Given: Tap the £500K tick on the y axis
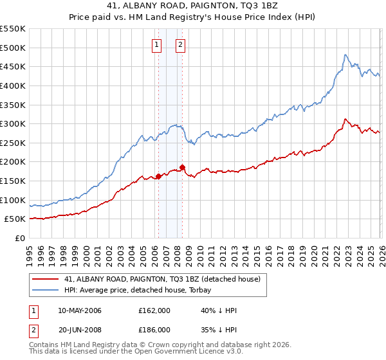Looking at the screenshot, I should [13, 48].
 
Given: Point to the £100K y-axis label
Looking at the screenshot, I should [13, 200].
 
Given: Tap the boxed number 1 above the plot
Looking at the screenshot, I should [157, 45].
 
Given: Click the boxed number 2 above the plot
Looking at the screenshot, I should [180, 45].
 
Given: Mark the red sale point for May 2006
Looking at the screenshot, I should [158, 176].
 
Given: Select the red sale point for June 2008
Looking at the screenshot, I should [183, 167].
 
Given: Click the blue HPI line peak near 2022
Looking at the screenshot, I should [345, 55].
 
